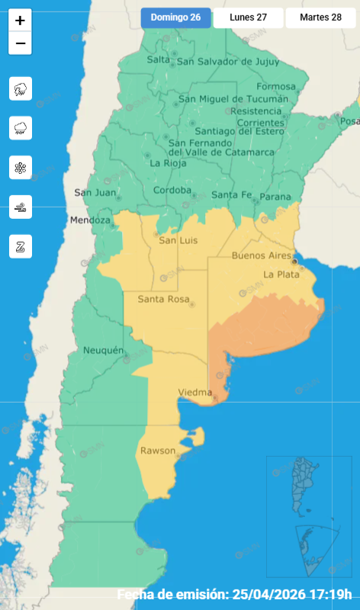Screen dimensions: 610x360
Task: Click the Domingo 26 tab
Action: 175,18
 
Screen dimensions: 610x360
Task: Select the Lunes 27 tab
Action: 248,18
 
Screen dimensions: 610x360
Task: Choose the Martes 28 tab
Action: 320,18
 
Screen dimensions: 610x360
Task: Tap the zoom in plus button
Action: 20,21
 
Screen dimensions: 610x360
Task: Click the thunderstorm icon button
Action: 20,89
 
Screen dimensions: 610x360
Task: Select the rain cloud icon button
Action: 20,128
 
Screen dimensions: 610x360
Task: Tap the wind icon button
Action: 20,206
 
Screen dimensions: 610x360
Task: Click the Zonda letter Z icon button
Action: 20,246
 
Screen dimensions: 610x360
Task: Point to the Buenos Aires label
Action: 262,255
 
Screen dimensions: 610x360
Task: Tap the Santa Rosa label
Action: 163,300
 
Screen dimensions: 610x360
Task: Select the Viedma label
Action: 194,392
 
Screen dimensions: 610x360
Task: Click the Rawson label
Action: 157,451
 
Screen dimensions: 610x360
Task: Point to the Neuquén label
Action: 103,350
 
